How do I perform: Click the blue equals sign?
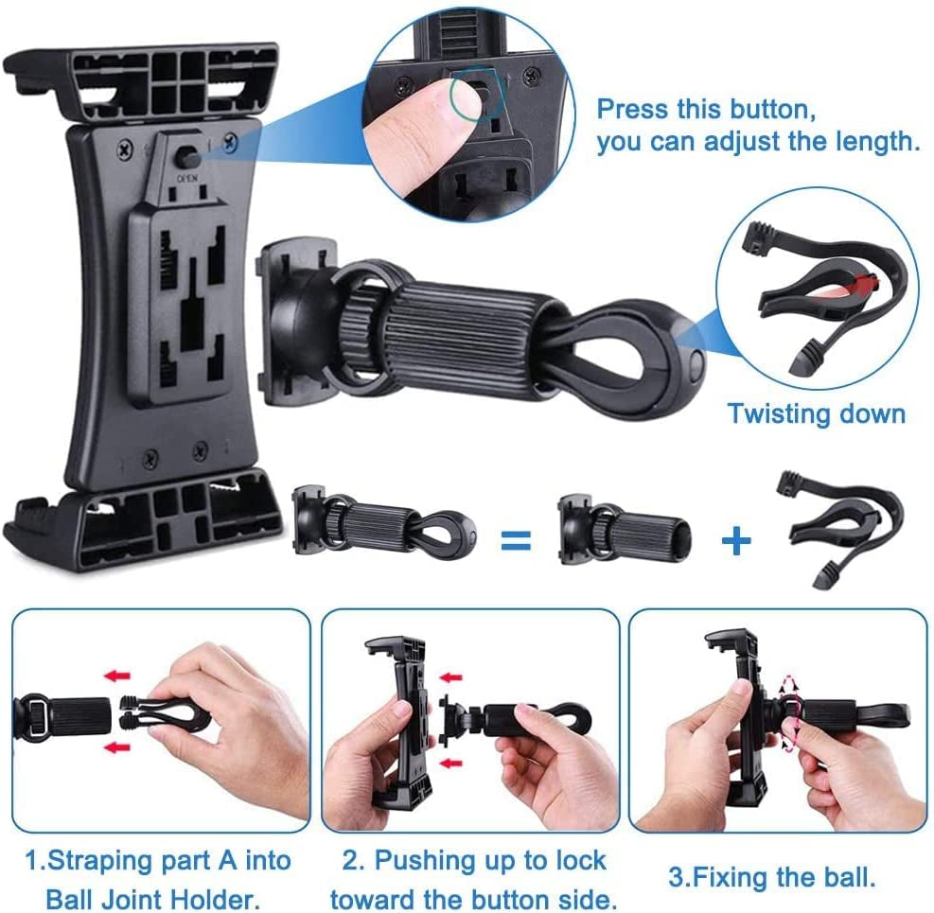click(x=515, y=540)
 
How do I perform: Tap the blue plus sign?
click(x=736, y=540)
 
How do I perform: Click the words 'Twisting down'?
click(x=816, y=413)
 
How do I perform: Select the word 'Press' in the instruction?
click(x=633, y=109)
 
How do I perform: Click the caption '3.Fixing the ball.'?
click(x=771, y=876)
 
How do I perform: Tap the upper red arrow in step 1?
click(x=117, y=676)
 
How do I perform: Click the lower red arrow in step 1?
click(x=117, y=746)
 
